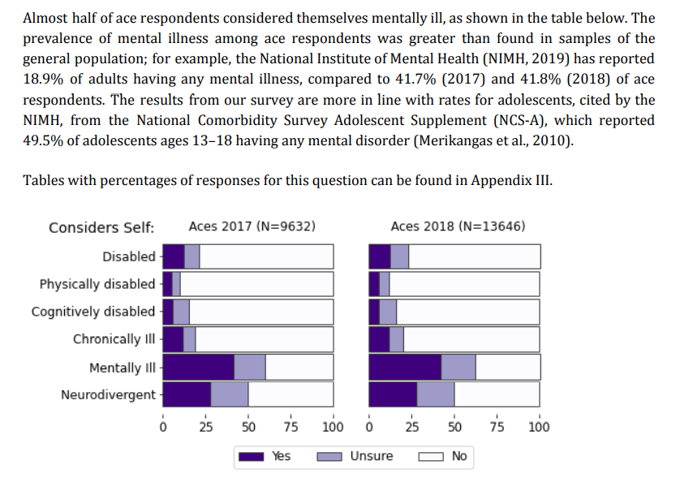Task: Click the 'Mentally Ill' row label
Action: click(x=122, y=368)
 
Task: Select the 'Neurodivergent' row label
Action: click(x=108, y=395)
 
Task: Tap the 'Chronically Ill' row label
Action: click(x=114, y=339)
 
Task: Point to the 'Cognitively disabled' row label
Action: click(x=93, y=312)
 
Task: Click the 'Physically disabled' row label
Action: click(x=97, y=284)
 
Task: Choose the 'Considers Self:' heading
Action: click(x=101, y=227)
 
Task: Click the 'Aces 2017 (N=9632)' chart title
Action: click(x=252, y=226)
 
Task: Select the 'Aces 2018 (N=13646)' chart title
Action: click(x=458, y=226)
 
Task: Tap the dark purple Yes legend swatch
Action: click(x=252, y=457)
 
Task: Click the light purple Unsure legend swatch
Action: click(x=329, y=457)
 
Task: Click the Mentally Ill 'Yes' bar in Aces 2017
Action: click(x=199, y=368)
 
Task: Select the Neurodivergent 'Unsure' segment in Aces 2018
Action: click(x=436, y=394)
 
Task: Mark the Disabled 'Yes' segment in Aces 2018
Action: click(x=380, y=256)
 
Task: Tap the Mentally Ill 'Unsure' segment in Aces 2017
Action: click(x=250, y=368)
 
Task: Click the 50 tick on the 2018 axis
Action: click(x=454, y=427)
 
